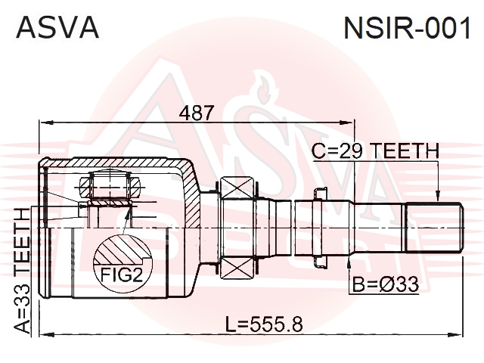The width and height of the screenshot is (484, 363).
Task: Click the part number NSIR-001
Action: pos(407,28)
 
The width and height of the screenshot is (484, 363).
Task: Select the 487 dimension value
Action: pos(197,113)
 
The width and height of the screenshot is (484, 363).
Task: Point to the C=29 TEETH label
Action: pos(375,151)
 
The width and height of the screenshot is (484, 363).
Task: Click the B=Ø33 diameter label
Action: pos(386,284)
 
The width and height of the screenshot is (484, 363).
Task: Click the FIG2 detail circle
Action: pos(123,262)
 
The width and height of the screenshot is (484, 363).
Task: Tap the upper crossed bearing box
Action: pos(237,188)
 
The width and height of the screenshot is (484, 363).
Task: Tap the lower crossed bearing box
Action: pos(237,268)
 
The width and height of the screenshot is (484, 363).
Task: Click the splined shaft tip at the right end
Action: pos(434,227)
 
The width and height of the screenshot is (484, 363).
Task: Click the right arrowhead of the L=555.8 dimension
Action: pos(455,334)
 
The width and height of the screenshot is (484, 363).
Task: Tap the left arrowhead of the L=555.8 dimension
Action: pos(47,334)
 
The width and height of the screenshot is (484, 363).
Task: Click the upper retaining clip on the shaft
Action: pos(321,194)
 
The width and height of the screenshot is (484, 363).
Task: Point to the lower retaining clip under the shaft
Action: pos(321,261)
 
